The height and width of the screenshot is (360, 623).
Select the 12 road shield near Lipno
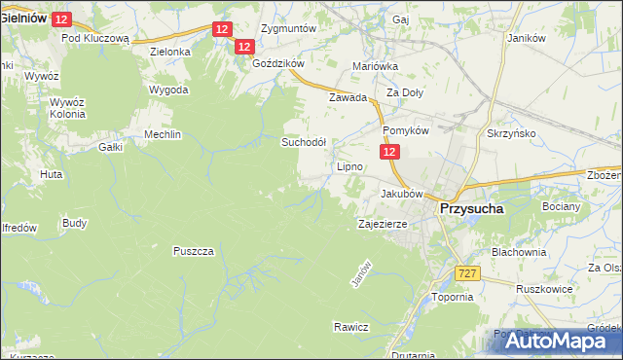[x=389, y=152]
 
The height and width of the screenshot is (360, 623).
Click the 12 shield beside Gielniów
[x=62, y=19]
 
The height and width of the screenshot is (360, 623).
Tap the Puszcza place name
[x=193, y=250]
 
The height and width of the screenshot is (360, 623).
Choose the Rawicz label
[x=350, y=327]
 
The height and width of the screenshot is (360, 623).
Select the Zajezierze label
[x=383, y=223]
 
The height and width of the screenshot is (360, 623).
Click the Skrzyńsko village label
[x=511, y=133]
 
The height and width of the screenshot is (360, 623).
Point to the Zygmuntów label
[x=289, y=28]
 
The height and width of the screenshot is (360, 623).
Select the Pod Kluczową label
[x=95, y=38]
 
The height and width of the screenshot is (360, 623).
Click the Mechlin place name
[x=163, y=134]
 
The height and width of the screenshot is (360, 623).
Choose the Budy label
[x=74, y=223]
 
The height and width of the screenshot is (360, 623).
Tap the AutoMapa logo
[x=554, y=341]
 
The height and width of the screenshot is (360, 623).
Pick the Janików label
[x=525, y=38]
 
